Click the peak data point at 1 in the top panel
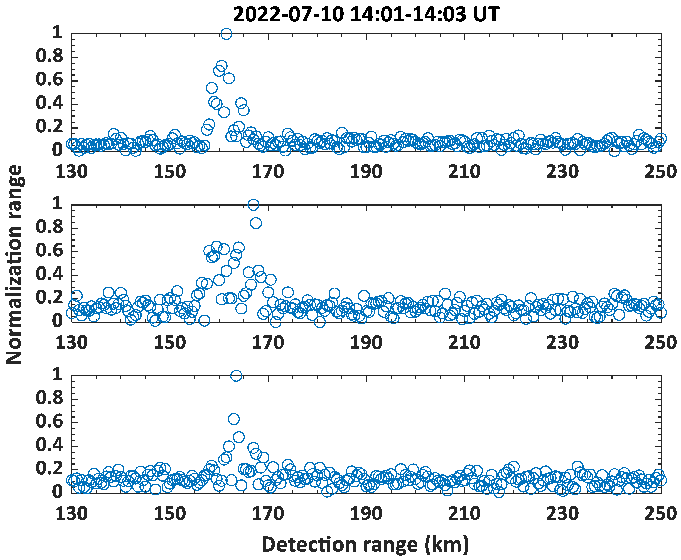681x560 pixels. (226, 33)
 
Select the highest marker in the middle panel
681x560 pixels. (254, 205)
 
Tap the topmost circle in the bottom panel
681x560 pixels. (236, 376)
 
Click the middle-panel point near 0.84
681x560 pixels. (256, 223)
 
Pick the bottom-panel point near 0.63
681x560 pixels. (233, 419)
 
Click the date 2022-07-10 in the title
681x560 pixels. (288, 15)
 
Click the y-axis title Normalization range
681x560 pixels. (14, 264)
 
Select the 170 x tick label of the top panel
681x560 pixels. (268, 172)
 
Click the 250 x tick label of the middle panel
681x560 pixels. (660, 343)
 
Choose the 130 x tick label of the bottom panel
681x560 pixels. (72, 514)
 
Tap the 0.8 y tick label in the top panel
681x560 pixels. (49, 56)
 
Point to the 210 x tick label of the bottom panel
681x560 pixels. (464, 514)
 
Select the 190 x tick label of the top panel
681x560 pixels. (366, 172)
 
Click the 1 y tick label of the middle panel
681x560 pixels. (58, 203)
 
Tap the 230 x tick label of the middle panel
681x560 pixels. (562, 343)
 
